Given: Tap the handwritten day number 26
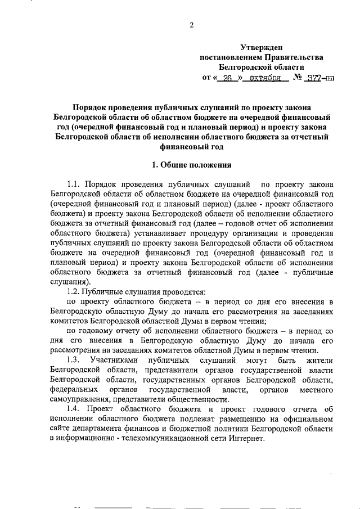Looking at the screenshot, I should [x=228, y=79].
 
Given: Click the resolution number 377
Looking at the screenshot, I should [x=311, y=79].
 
